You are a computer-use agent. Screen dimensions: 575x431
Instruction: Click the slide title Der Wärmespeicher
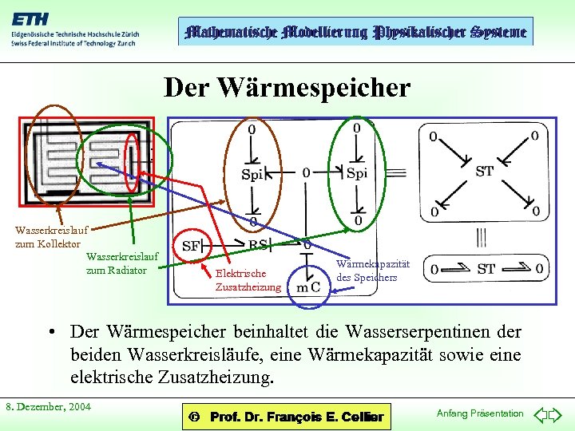pos(287,87)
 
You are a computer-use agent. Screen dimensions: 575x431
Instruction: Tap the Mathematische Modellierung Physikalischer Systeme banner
pos(355,32)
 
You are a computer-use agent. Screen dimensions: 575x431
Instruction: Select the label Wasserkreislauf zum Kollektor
pos(47,236)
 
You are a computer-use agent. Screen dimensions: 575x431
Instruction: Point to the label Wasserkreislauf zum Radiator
pos(121,263)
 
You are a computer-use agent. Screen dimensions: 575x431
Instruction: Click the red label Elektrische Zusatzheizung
pos(248,280)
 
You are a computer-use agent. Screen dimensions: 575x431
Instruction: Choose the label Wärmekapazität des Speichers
pos(372,271)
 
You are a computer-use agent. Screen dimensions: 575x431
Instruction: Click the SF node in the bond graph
pos(192,246)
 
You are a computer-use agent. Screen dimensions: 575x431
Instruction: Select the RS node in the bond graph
pos(259,245)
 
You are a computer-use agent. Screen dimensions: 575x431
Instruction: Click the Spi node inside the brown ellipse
pos(252,175)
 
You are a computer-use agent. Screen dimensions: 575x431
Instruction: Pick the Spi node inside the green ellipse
pos(357,172)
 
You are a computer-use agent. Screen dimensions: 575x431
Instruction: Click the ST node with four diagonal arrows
pos(484,171)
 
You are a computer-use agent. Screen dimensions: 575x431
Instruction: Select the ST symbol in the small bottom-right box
pos(486,269)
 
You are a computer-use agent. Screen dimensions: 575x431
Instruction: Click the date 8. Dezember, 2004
pos(48,407)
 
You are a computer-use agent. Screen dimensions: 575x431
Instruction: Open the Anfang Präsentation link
pos(480,413)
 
